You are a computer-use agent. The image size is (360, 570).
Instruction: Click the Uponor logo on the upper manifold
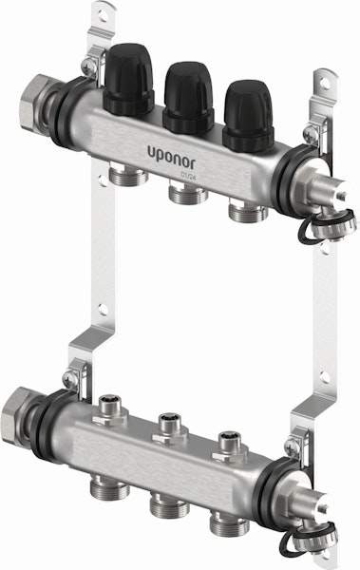point(171,158)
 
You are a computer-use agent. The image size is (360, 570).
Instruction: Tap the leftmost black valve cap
point(128,80)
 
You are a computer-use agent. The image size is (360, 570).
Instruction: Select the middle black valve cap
point(188,98)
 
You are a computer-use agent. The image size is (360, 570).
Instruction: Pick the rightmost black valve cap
point(248,116)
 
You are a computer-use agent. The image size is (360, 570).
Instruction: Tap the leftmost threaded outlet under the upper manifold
point(128,175)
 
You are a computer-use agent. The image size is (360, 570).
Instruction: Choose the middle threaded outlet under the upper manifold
point(188,193)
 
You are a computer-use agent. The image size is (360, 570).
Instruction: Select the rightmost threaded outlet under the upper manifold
point(248,211)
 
